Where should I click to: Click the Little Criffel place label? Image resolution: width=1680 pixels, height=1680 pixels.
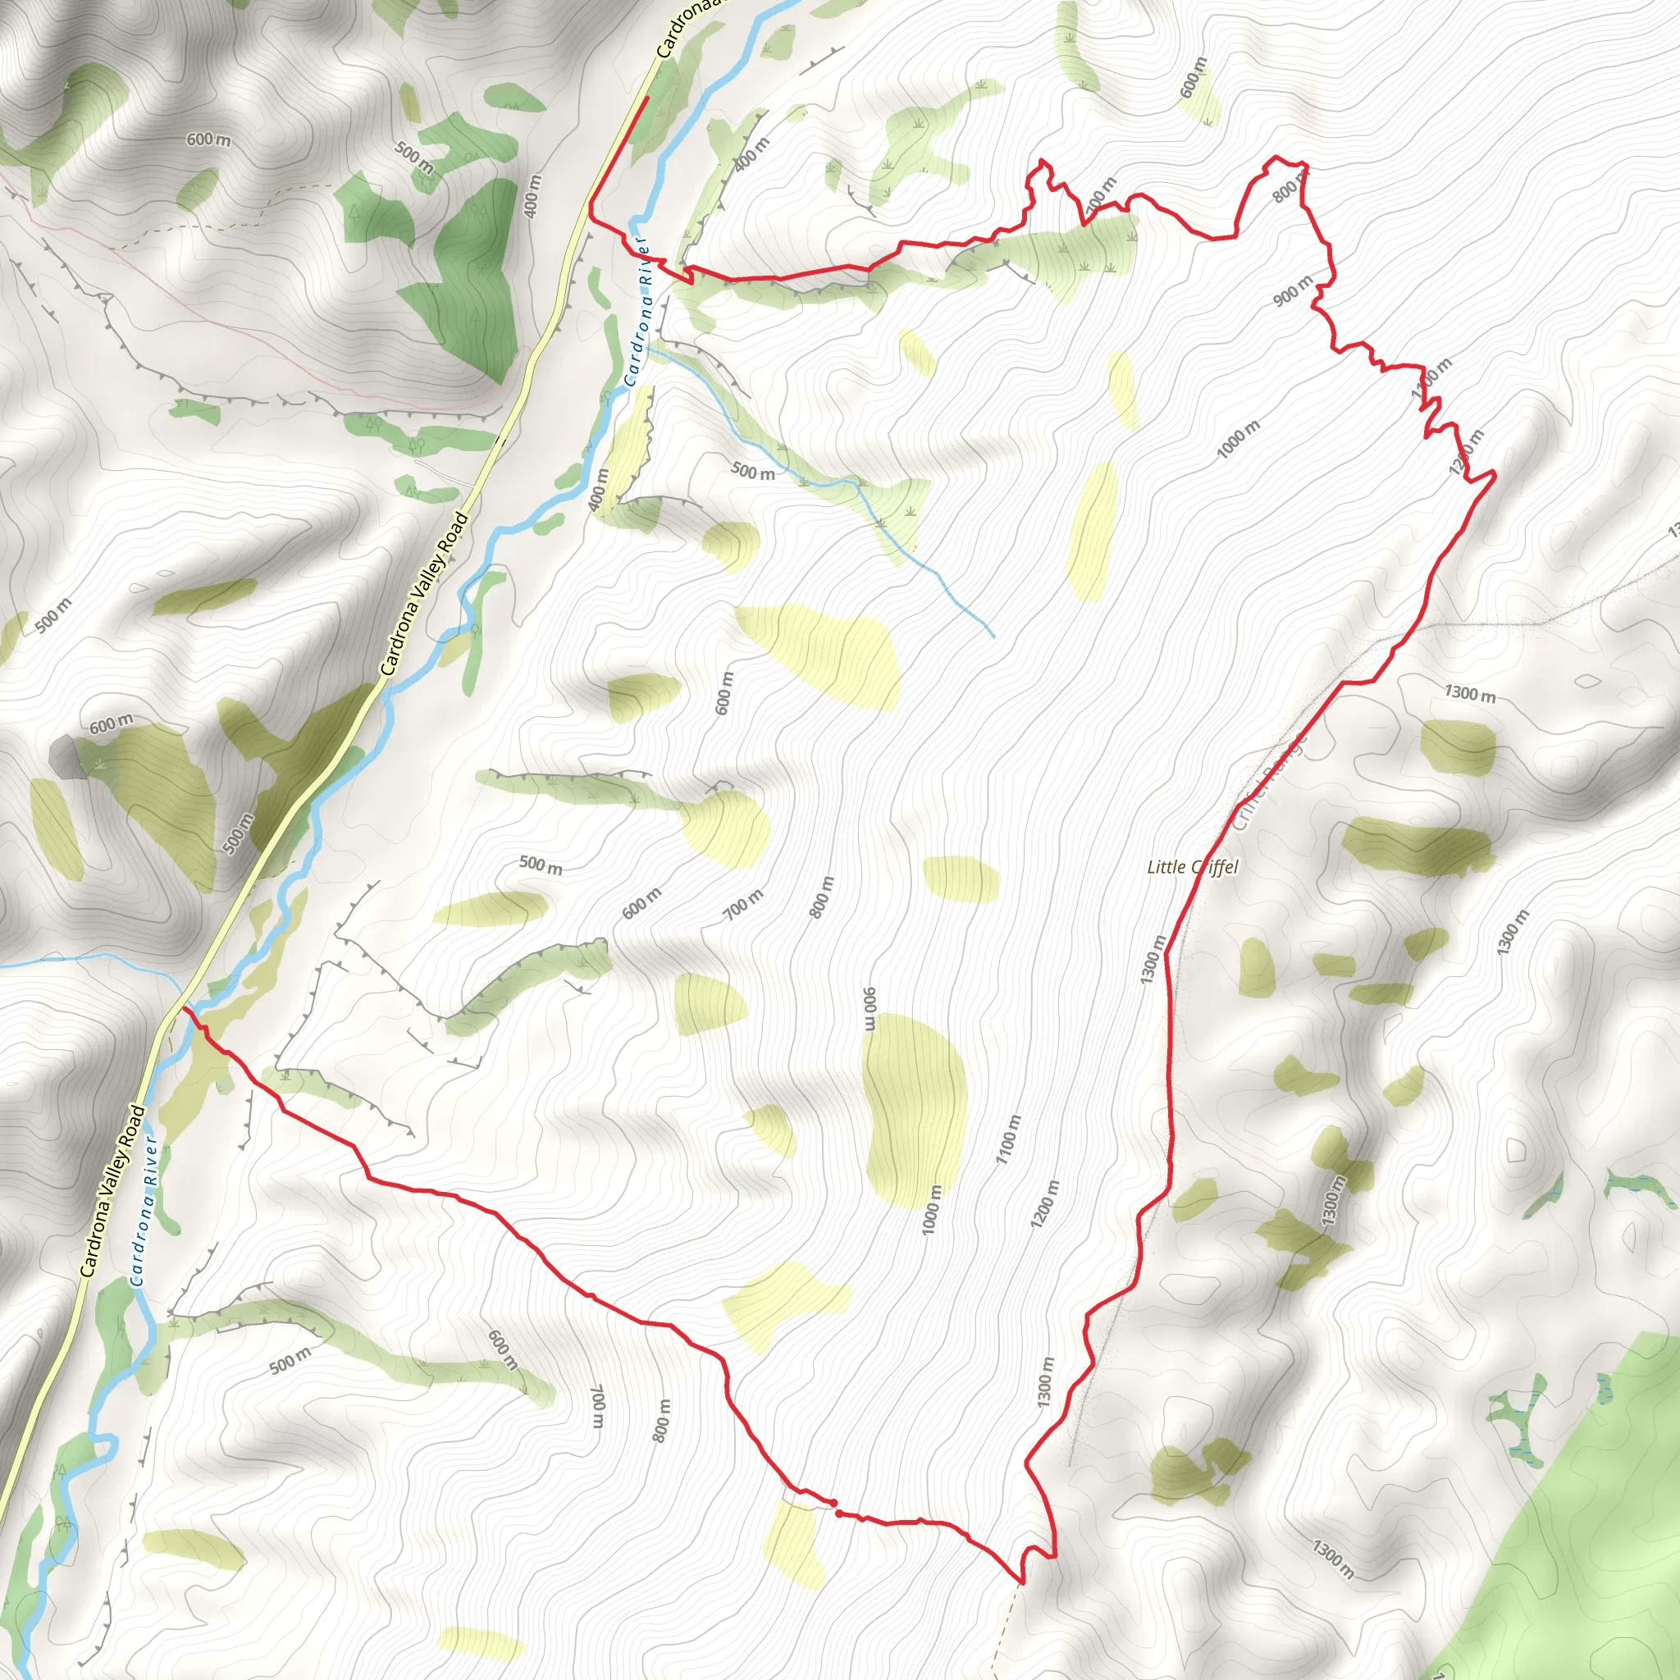click(x=1192, y=867)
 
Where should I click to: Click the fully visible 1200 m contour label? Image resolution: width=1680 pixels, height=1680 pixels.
click(x=1045, y=1204)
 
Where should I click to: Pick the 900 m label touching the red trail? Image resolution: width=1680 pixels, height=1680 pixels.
click(x=1293, y=290)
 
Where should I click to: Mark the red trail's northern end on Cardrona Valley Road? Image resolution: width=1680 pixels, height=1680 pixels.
click(x=648, y=98)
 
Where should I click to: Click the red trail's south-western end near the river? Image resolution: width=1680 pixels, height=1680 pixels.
click(x=184, y=1010)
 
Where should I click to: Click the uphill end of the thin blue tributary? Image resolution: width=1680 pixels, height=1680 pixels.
click(x=993, y=637)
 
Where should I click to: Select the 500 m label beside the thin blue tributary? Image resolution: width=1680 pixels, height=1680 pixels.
click(x=753, y=472)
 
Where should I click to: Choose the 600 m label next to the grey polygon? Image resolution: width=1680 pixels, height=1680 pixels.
click(x=112, y=723)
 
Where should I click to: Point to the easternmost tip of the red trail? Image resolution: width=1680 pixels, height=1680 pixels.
click(x=1495, y=474)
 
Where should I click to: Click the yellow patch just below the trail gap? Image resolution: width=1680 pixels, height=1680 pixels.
click(x=793, y=1543)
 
